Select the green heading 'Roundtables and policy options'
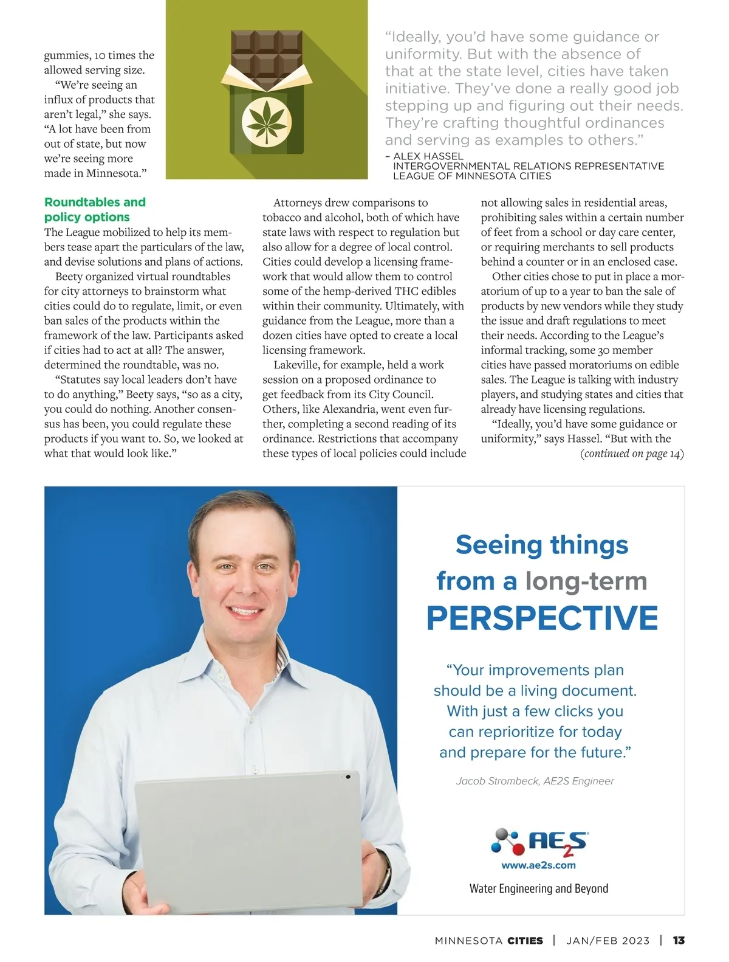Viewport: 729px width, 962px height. pos(95,209)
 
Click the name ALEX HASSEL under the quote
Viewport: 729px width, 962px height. pos(428,156)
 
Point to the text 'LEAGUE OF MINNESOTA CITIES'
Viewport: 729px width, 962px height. pos(472,176)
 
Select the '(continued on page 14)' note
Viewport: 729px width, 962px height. pos(632,454)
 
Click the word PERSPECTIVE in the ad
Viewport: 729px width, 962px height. pos(542,618)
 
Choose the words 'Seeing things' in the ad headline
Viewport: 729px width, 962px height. pos(542,545)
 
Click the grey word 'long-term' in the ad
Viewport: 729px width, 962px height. pos(586,581)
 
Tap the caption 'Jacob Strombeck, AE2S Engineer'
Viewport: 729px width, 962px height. pos(535,781)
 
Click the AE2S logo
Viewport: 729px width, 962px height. pos(539,842)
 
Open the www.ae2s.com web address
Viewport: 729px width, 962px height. pos(538,865)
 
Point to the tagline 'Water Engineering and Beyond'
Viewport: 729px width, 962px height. pos(538,888)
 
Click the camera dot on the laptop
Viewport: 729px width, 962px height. pos(348,777)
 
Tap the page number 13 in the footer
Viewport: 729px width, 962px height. pos(679,941)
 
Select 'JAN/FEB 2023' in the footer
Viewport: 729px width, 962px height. pos(607,941)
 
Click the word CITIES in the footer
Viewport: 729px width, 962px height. pos(525,941)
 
